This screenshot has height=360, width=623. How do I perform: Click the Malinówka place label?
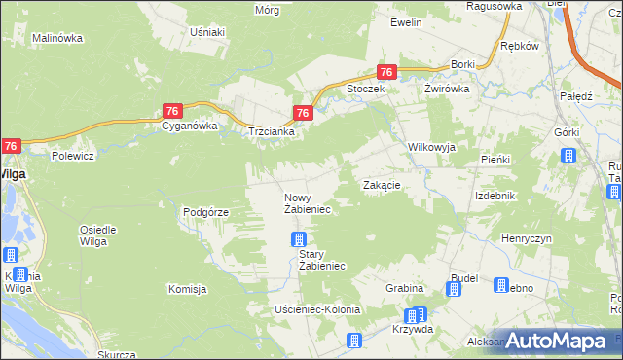click(56, 38)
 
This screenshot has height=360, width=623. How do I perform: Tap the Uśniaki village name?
click(207, 32)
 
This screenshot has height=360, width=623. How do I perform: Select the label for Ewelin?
click(405, 22)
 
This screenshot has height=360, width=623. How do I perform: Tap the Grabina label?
click(404, 288)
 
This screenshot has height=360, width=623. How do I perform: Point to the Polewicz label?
click(72, 156)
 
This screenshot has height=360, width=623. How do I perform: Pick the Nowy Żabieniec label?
click(308, 203)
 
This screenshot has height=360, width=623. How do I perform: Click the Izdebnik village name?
click(495, 196)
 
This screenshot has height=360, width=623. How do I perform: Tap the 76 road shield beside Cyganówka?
click(171, 111)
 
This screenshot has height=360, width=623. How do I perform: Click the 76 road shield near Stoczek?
click(386, 72)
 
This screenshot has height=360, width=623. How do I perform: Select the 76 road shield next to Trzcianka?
click(303, 113)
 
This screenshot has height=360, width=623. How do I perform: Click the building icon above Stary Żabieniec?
click(299, 239)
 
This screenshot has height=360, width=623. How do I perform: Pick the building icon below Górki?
click(568, 156)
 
